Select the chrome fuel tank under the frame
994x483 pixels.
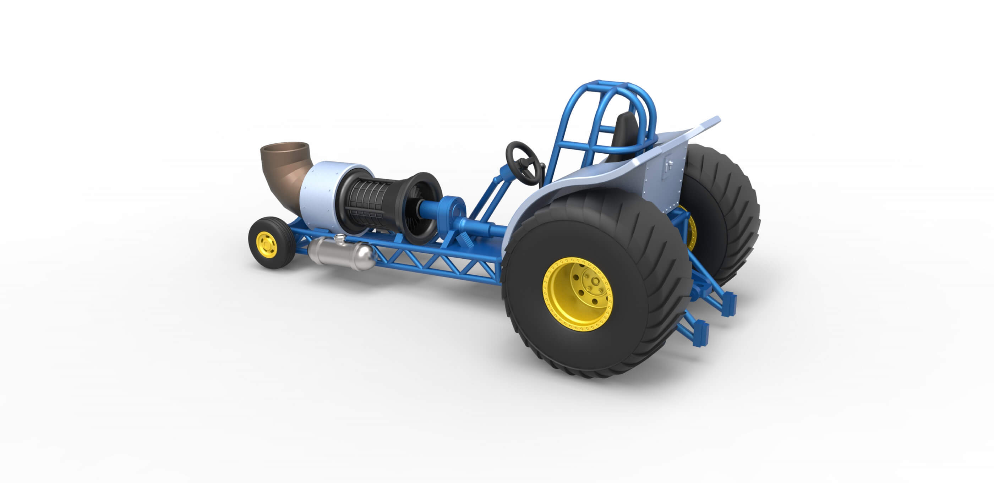[340, 254]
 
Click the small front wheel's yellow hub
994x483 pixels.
[267, 245]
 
